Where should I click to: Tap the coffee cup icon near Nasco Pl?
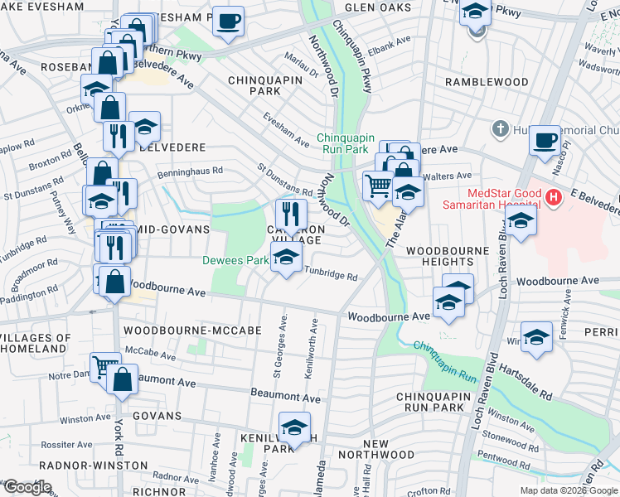pos(545,140)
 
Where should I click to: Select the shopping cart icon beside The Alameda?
pos(378,185)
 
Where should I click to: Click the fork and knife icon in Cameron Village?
pos(291,212)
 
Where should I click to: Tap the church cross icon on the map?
pos(499,128)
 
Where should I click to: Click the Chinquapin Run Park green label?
pos(346,143)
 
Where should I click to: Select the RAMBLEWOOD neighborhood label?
pos(486,82)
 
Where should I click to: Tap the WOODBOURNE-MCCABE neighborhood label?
pos(192,330)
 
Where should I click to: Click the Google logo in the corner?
pos(27,487)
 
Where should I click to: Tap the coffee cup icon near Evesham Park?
pos(228,22)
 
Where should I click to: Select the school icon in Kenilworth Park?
pos(294,427)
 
